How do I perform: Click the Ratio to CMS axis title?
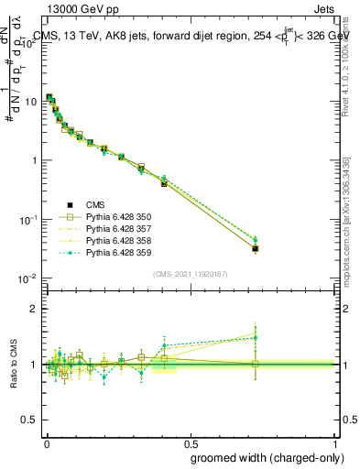[x=14, y=365]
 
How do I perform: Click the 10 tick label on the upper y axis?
[x=32, y=102]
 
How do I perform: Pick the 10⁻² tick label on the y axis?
[x=29, y=278]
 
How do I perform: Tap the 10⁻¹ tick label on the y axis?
[x=29, y=220]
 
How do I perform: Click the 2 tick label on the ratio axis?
[x=36, y=310]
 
